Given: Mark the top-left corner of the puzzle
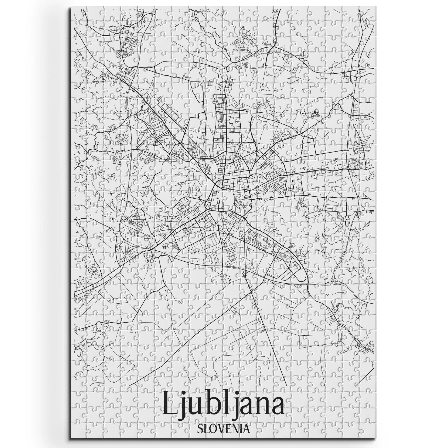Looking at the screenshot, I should click(x=70, y=7).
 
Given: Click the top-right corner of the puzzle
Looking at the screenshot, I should click(x=377, y=7).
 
